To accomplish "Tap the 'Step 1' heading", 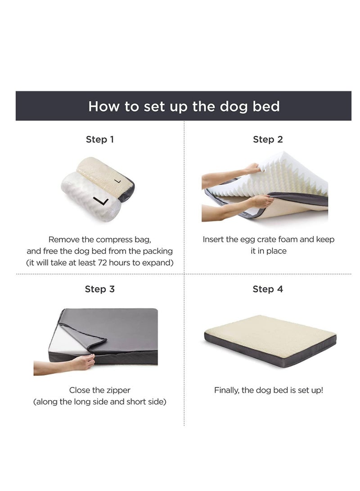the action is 100,140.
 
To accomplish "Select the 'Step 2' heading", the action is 268,140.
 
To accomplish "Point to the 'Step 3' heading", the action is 100,289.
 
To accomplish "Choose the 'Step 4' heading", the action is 268,289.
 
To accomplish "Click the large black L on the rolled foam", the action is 101,201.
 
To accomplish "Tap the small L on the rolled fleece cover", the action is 117,180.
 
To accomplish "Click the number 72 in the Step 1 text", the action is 103,262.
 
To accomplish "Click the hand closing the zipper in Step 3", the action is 83,363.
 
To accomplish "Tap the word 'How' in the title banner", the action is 103,107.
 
